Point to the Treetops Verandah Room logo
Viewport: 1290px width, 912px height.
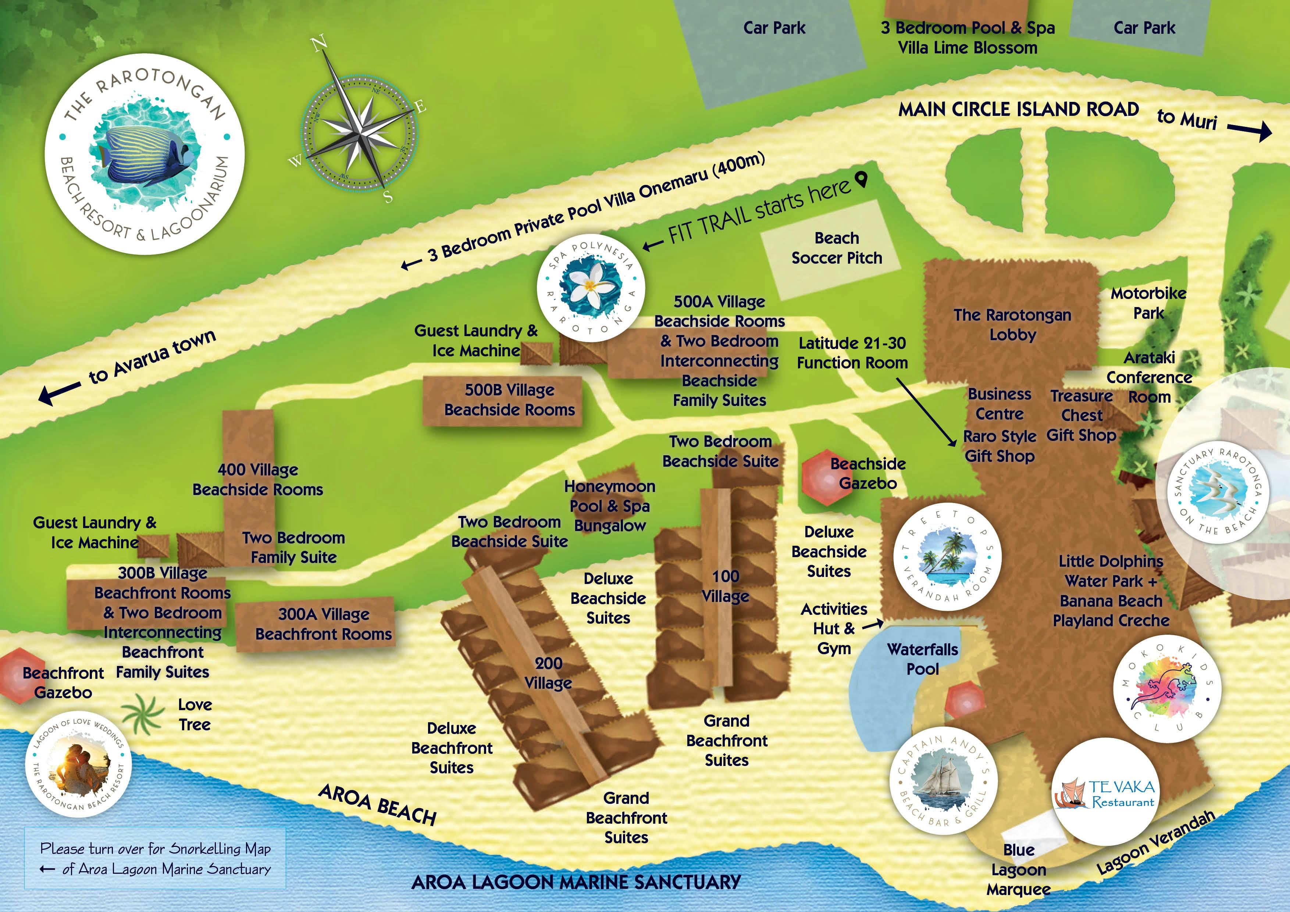coord(947,556)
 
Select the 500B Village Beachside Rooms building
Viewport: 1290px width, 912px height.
coord(502,400)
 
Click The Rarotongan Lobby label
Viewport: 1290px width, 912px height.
coord(1012,325)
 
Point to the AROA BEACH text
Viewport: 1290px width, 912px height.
coord(377,805)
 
